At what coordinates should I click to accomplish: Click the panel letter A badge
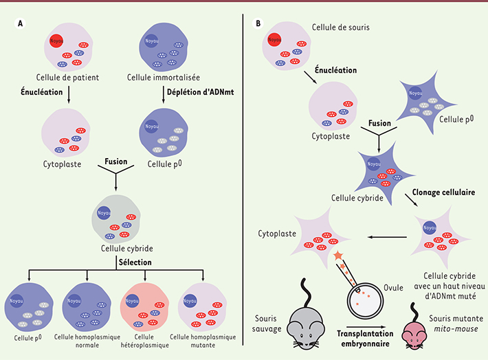21,23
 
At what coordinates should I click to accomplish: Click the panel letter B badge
258,23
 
